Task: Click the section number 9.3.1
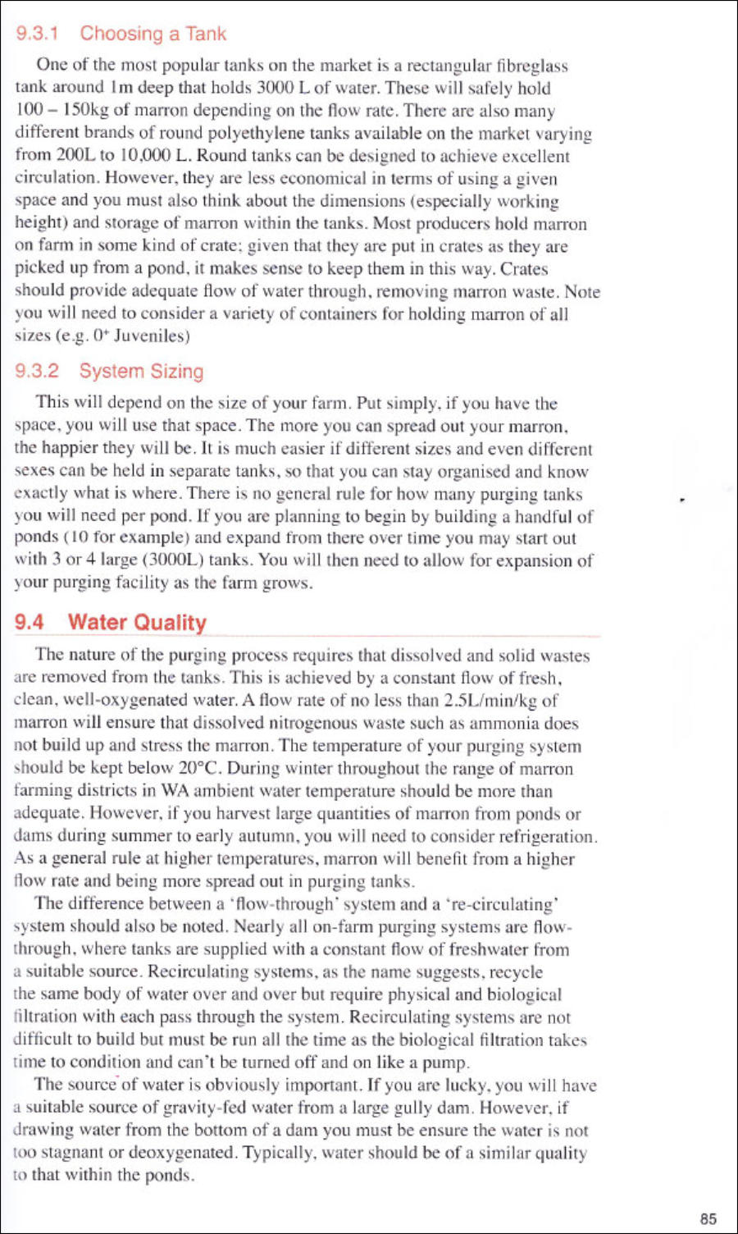[x=37, y=34]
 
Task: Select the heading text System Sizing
[x=141, y=371]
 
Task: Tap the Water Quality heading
[x=136, y=622]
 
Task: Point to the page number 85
[x=708, y=1218]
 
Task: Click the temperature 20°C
[x=199, y=769]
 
